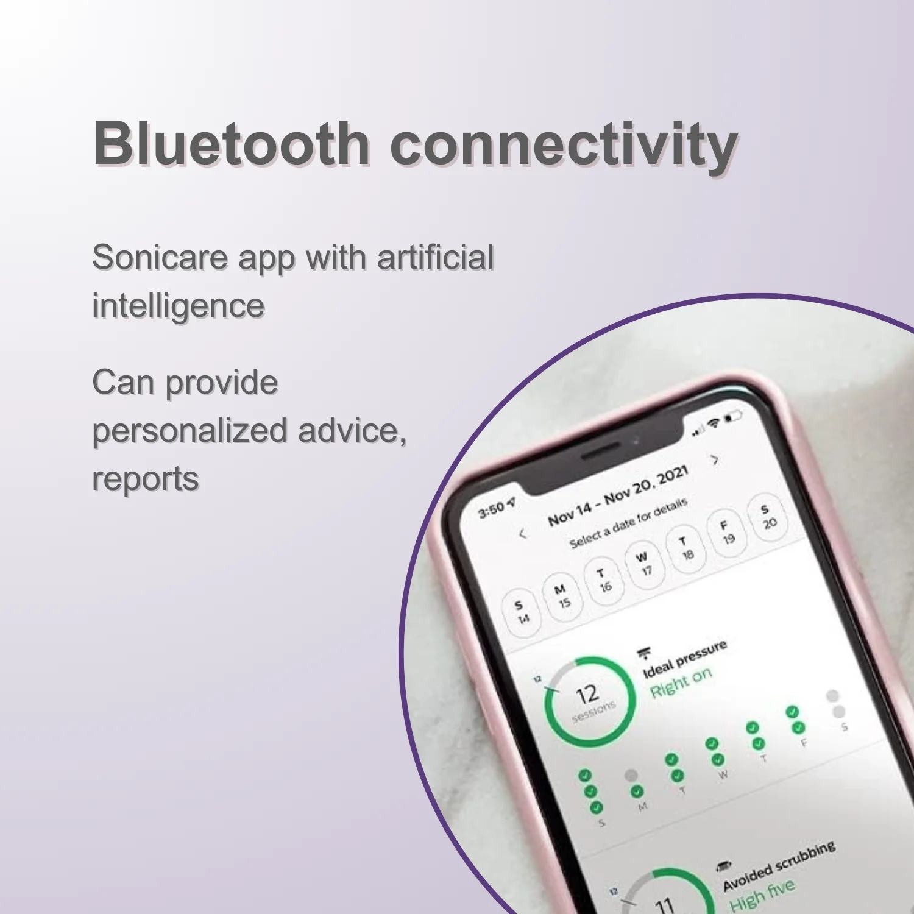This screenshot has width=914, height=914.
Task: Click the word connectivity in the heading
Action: tap(564, 146)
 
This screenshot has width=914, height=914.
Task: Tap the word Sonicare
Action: tap(160, 257)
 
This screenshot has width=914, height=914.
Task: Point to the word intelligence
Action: tap(178, 306)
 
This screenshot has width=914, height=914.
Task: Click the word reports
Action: tap(145, 479)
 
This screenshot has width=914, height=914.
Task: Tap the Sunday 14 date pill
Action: tap(521, 612)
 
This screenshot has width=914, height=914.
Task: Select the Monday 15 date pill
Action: tap(562, 596)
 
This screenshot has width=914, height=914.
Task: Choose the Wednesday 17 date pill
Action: tap(644, 564)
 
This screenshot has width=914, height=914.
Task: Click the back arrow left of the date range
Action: tap(522, 534)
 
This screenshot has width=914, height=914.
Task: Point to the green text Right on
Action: tap(680, 682)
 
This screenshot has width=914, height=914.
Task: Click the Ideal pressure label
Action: tap(685, 659)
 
